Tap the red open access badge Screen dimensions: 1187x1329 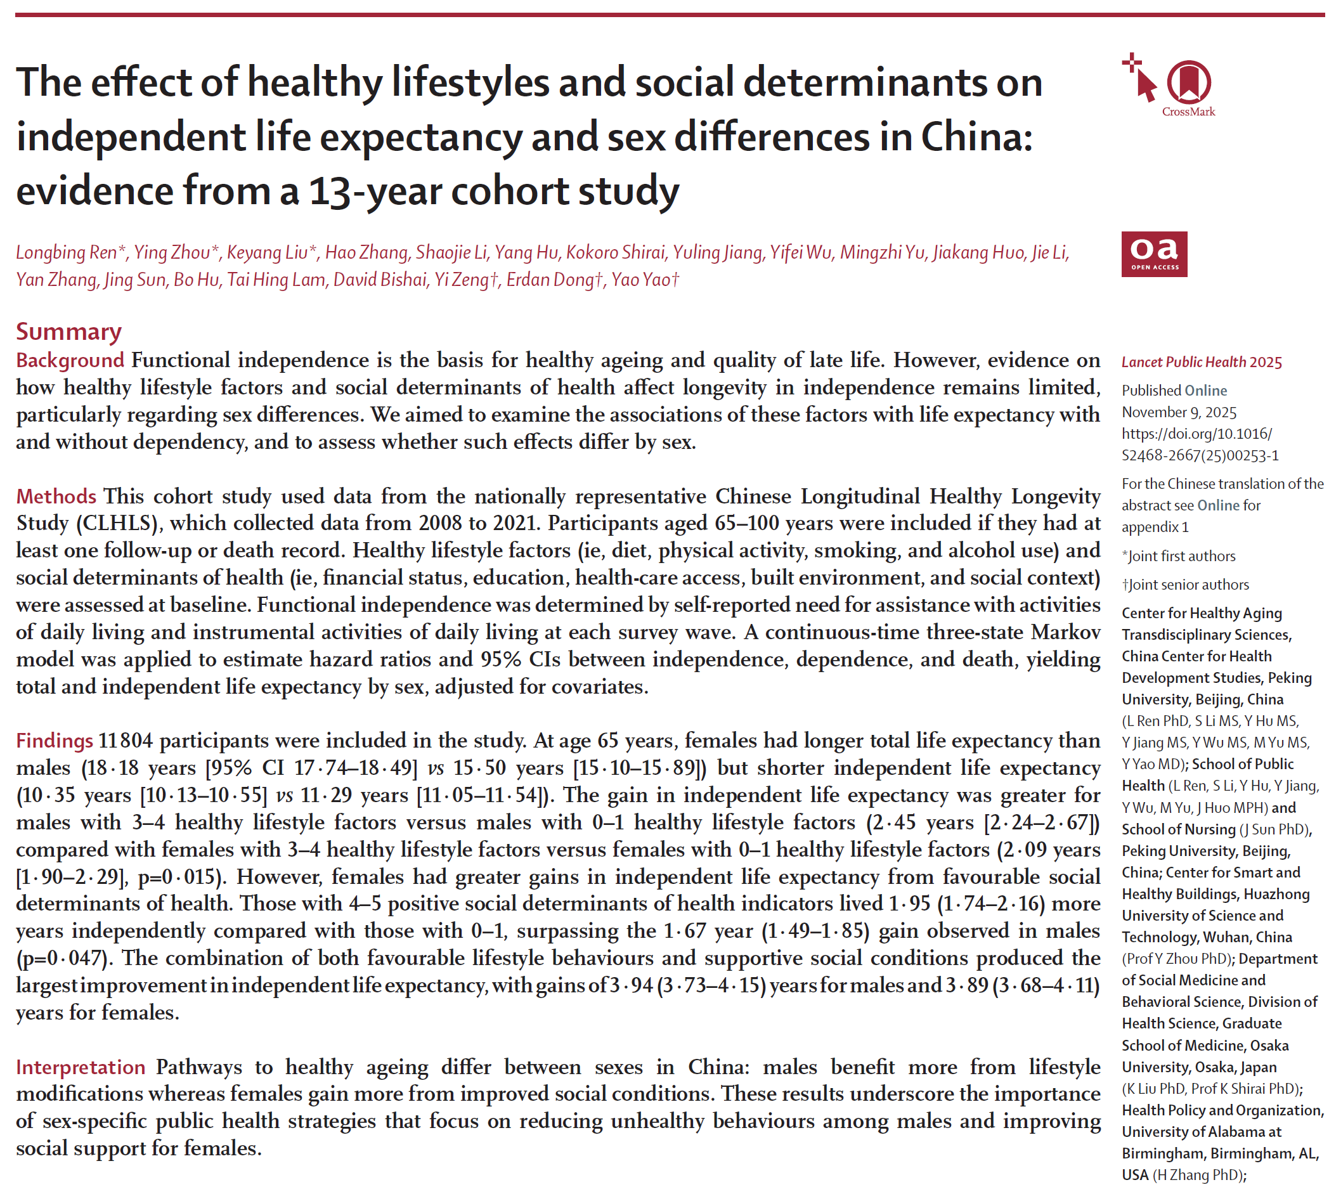pos(1153,254)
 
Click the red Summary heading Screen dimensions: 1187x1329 pos(68,332)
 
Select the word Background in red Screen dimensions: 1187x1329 pos(70,360)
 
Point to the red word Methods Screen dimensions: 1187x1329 pos(56,496)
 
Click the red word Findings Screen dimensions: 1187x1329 pos(55,741)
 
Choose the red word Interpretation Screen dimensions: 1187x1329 pos(81,1067)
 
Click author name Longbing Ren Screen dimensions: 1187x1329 pos(66,252)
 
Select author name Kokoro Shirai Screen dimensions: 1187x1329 pos(615,252)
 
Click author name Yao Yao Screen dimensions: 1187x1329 pos(641,280)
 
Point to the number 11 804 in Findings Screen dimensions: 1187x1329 pos(125,741)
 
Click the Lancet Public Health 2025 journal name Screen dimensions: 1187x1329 pos(1201,363)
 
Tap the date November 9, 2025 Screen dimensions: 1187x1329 pos(1178,412)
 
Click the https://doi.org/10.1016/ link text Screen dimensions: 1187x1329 pos(1196,434)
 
